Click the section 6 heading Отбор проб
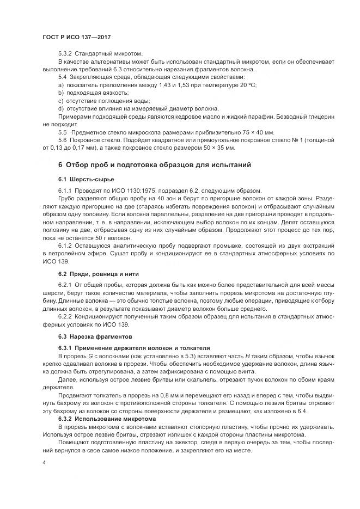click(155, 164)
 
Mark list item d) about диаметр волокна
click(138, 109)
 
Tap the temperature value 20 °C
click(249, 85)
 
